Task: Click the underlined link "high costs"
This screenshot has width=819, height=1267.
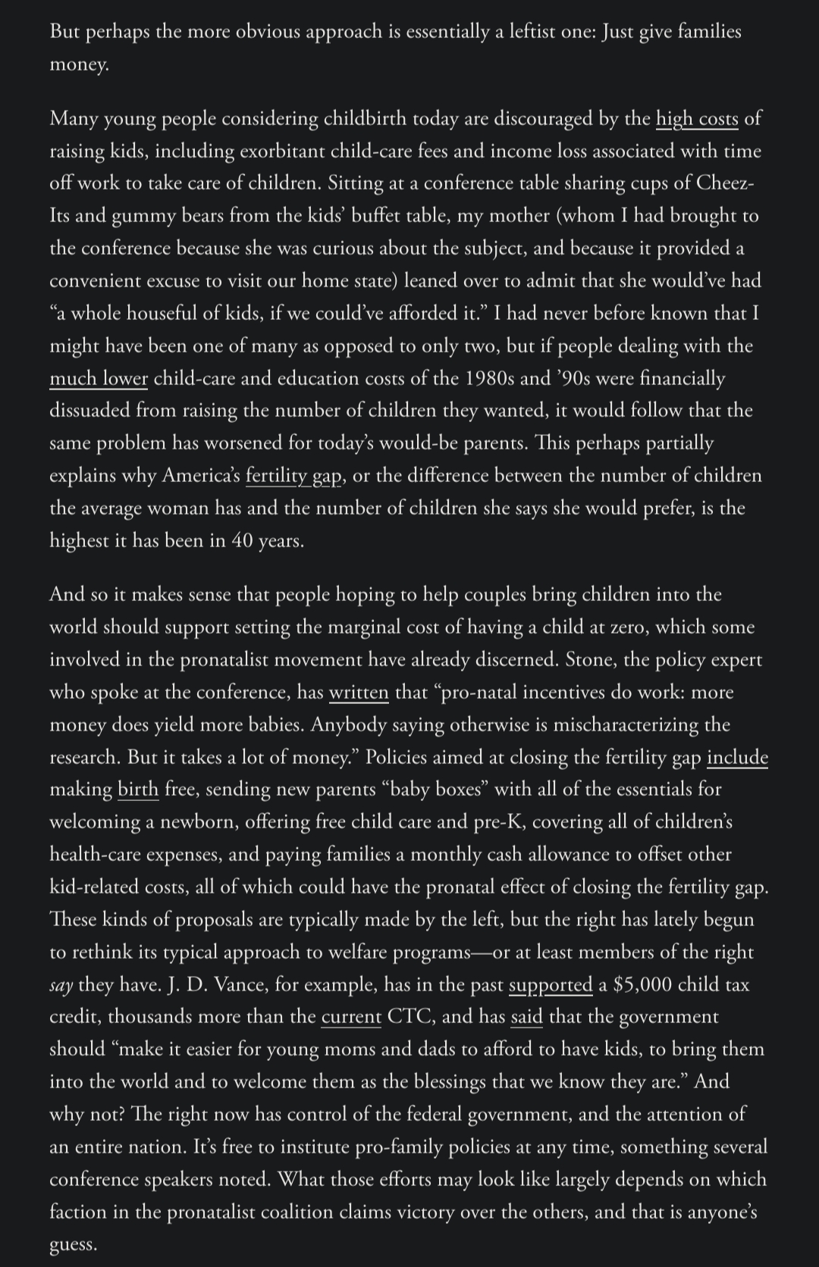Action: coord(697,119)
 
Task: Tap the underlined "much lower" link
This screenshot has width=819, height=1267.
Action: coord(99,378)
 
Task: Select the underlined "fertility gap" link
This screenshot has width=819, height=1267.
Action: coord(293,476)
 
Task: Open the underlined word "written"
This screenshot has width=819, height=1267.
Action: coord(359,693)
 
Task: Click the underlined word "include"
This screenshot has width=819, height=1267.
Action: coord(737,757)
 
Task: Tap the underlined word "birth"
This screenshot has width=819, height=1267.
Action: coord(138,790)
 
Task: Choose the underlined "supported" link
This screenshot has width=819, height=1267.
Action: coord(551,984)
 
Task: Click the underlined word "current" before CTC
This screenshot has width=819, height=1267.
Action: coord(351,1017)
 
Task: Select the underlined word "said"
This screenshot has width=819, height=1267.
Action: coord(527,1017)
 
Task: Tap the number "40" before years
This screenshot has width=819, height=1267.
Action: coord(242,541)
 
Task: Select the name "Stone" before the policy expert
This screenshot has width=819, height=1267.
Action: coord(588,660)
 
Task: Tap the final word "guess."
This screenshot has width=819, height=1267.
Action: coord(74,1245)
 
